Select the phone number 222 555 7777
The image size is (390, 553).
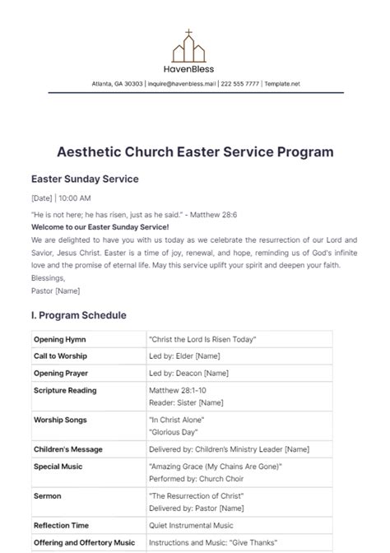(x=241, y=84)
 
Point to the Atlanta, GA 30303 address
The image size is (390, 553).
(x=117, y=84)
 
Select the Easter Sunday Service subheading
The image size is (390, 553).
(x=85, y=179)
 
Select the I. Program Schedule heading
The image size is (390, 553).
(x=79, y=315)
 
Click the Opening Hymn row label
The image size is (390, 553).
(x=58, y=339)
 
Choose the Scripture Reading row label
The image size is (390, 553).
(x=65, y=389)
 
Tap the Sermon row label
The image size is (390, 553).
(x=47, y=497)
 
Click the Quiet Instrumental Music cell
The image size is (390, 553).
(x=191, y=525)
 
